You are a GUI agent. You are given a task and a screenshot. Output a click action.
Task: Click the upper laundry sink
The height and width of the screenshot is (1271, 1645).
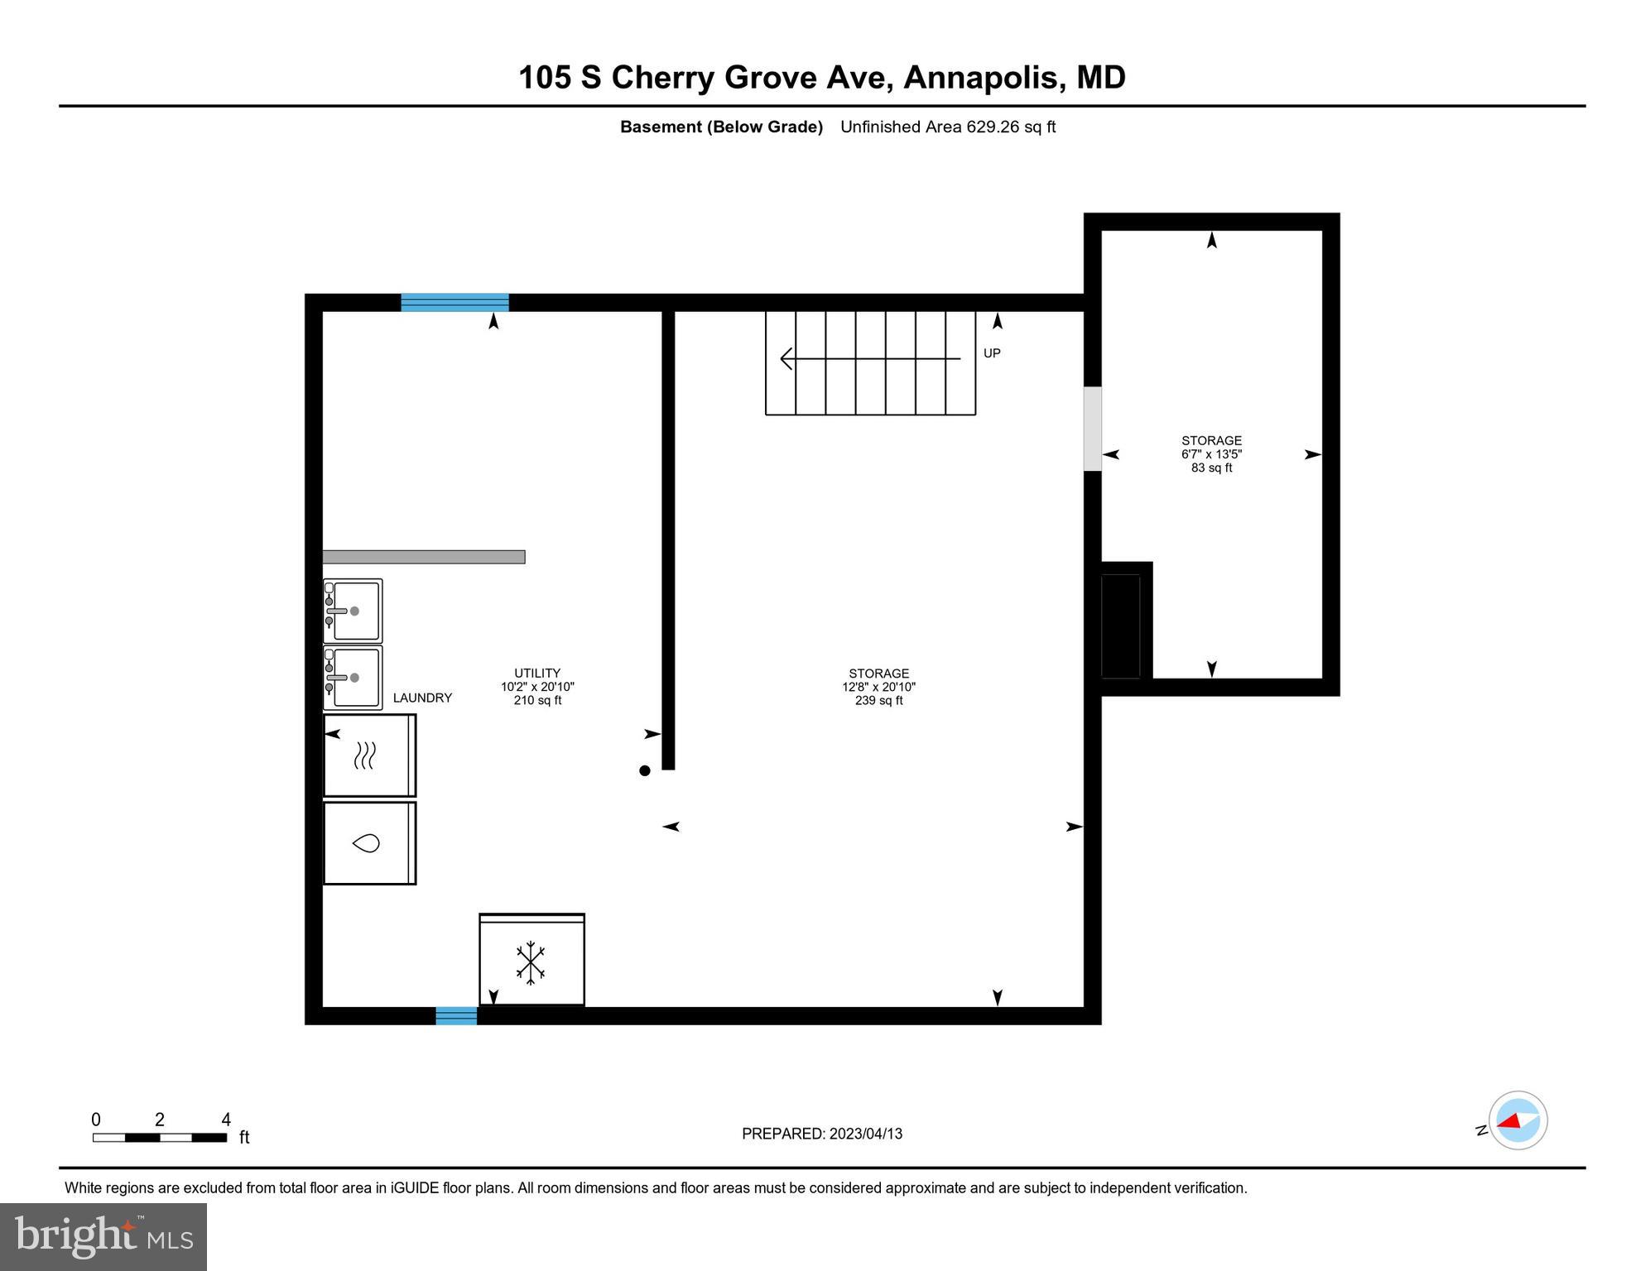[354, 611]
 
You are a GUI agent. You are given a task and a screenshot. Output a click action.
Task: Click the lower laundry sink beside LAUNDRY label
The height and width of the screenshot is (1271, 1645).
[354, 678]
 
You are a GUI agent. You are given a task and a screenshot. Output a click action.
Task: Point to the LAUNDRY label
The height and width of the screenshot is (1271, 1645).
[422, 698]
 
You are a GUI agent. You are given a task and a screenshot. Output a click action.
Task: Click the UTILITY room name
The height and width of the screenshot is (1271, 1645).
[537, 674]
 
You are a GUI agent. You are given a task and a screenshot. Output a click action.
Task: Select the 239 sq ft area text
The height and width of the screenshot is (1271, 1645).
[878, 701]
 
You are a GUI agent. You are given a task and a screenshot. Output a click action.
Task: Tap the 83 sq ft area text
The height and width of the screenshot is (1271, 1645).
[1211, 468]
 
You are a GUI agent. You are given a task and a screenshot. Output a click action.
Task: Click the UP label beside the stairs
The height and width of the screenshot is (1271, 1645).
[992, 353]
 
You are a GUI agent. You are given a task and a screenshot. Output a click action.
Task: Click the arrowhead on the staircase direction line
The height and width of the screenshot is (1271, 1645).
[786, 359]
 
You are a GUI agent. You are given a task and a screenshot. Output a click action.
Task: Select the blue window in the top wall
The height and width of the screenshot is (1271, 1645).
[455, 302]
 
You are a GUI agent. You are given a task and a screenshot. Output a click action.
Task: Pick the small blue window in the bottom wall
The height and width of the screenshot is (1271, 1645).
[456, 1015]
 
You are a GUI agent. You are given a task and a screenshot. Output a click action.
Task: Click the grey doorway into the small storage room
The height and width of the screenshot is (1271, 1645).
[1093, 429]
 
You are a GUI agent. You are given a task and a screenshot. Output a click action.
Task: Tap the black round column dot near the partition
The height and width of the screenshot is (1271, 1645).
[645, 770]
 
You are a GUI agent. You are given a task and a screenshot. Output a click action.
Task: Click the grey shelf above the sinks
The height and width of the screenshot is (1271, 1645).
[423, 557]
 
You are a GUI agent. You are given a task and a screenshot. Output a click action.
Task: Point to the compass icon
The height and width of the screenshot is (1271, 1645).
[1518, 1120]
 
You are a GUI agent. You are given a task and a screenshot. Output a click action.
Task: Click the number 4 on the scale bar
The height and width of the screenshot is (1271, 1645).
[226, 1120]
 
